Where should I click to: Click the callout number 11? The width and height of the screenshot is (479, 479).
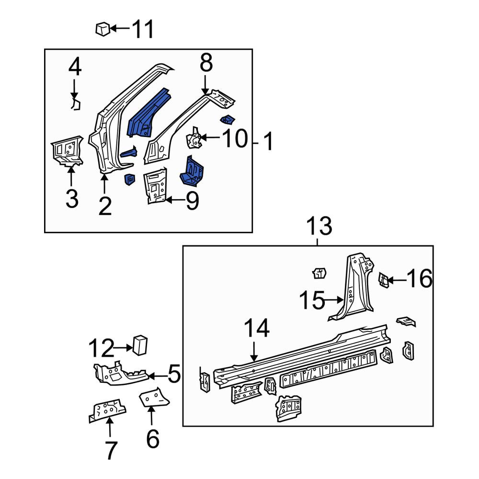(142, 29)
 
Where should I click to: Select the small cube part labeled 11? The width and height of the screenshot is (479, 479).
(103, 29)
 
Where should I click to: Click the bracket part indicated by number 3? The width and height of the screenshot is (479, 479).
(67, 151)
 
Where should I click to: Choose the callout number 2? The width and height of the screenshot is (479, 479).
(105, 206)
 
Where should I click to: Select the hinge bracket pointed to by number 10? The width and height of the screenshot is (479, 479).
(194, 137)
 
